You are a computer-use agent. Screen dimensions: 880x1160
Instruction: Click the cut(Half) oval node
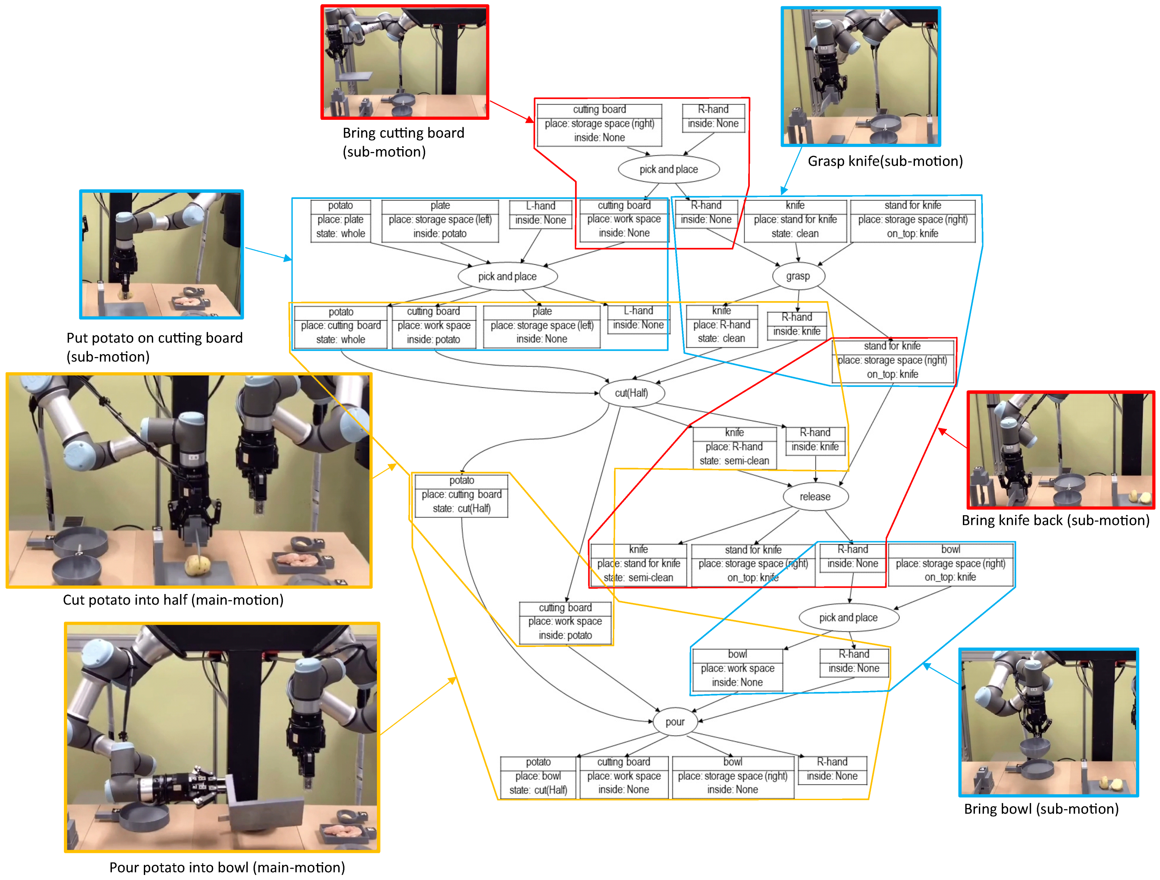point(631,393)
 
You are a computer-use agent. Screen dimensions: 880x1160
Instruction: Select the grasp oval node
point(798,276)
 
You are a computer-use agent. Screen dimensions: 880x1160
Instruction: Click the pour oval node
point(675,722)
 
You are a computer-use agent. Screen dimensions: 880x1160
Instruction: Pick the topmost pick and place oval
point(669,169)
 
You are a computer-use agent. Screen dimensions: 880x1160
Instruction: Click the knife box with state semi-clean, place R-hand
point(734,447)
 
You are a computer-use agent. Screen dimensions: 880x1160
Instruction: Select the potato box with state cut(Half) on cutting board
point(461,495)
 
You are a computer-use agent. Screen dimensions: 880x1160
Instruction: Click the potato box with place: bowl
point(538,776)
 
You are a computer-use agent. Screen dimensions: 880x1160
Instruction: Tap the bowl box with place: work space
point(737,669)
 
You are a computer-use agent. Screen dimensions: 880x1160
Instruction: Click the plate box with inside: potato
point(440,220)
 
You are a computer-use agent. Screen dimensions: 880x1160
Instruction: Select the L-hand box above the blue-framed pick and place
point(540,214)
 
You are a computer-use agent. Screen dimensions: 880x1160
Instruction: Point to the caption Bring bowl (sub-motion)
point(1041,809)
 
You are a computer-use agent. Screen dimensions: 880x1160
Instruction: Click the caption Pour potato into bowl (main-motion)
point(227,867)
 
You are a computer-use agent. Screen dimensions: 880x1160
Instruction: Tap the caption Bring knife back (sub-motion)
point(1055,521)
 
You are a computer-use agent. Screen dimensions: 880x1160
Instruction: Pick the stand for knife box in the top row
point(913,220)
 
